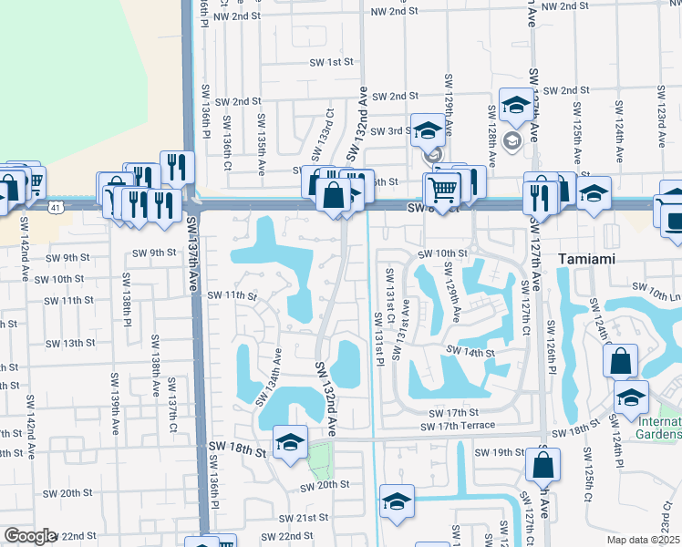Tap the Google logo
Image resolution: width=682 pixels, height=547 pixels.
[30, 536]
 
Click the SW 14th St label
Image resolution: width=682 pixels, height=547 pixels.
[470, 352]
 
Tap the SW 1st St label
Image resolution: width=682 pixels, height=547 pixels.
[331, 62]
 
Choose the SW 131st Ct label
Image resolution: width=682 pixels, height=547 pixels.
[389, 294]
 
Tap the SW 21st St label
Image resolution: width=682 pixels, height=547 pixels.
[305, 517]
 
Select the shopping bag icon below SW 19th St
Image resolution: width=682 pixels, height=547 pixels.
[542, 464]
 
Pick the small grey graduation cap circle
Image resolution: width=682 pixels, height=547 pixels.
[511, 139]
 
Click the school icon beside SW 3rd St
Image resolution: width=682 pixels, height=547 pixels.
[427, 130]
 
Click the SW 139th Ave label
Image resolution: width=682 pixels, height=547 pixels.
[116, 402]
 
